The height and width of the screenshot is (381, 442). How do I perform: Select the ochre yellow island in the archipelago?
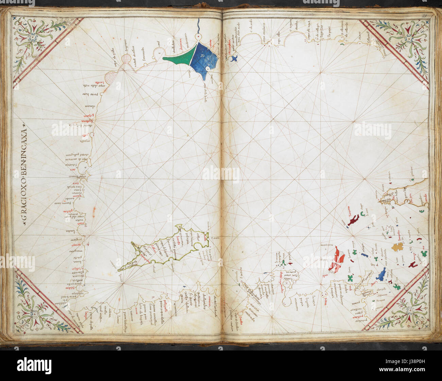tap(397, 247)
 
